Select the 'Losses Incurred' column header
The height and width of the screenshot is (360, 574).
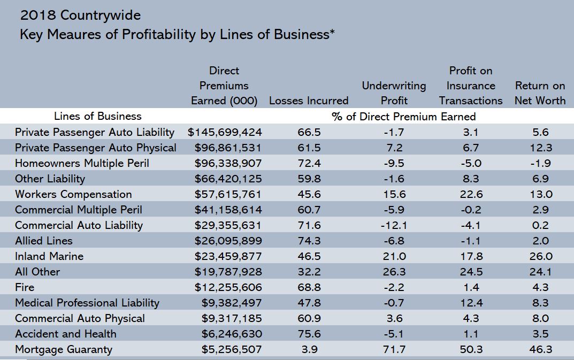[x=309, y=101]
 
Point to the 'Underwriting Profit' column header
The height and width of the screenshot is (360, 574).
[x=394, y=93]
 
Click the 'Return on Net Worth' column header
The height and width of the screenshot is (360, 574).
[x=540, y=93]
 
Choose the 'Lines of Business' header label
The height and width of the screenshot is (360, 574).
[x=98, y=116]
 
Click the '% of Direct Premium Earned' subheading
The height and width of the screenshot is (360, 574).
[x=404, y=116]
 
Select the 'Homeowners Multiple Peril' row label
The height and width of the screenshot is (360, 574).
[x=82, y=163]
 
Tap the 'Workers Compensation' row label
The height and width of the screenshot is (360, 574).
[x=73, y=194]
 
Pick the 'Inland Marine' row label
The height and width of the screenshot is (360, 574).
[x=49, y=256]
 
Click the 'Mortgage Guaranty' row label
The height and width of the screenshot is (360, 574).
[x=64, y=349]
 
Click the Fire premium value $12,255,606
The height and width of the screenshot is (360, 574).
[x=228, y=287]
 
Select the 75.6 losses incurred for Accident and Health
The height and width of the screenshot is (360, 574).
[x=309, y=334]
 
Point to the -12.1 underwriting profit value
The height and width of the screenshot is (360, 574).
[x=394, y=225]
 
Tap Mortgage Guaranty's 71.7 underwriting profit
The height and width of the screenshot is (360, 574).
[x=395, y=349]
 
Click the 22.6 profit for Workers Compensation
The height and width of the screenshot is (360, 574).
[x=471, y=194]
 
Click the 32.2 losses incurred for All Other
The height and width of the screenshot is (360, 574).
[x=309, y=272]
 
